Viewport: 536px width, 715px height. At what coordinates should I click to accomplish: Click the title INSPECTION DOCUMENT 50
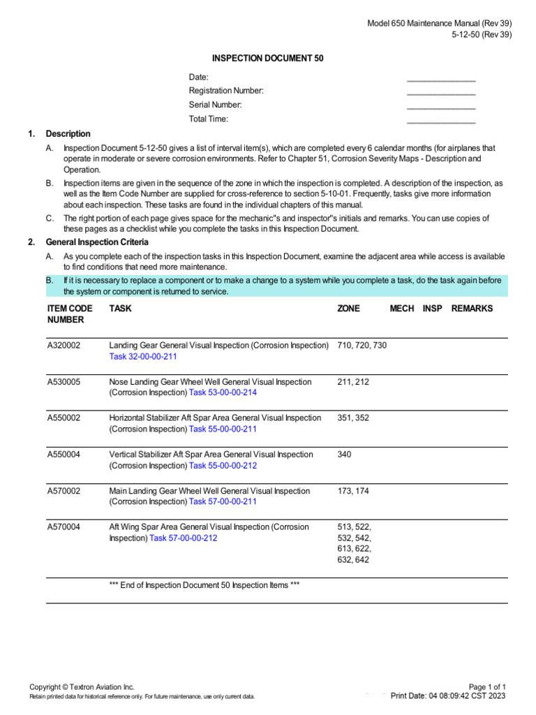(x=268, y=59)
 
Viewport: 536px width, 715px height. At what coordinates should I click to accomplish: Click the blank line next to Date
(x=440, y=79)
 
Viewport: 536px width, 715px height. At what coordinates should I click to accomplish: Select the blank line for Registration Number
(x=440, y=93)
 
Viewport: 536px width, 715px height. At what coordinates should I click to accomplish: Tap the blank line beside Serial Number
(x=440, y=107)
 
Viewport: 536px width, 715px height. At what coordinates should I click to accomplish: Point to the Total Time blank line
(x=440, y=121)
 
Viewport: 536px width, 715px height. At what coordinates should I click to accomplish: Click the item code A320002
(x=64, y=346)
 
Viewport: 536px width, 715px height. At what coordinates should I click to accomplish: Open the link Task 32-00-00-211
(x=143, y=357)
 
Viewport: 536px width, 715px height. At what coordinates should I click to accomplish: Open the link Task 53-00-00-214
(x=223, y=393)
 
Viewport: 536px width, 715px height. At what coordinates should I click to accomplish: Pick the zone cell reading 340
(x=344, y=455)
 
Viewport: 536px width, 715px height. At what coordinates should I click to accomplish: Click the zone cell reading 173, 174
(x=353, y=491)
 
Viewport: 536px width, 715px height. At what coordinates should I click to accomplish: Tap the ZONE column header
(x=348, y=309)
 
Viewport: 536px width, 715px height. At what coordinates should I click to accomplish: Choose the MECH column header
(x=401, y=309)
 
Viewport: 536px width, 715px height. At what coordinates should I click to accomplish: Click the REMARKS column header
(x=472, y=309)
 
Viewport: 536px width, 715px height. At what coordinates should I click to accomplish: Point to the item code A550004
(x=64, y=455)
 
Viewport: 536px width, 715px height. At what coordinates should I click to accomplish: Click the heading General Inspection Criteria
(x=97, y=242)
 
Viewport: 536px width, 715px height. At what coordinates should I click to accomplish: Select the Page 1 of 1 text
(x=488, y=687)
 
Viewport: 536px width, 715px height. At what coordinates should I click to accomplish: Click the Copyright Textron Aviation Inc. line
(x=82, y=687)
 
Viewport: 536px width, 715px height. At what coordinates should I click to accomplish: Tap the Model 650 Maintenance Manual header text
(x=440, y=24)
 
